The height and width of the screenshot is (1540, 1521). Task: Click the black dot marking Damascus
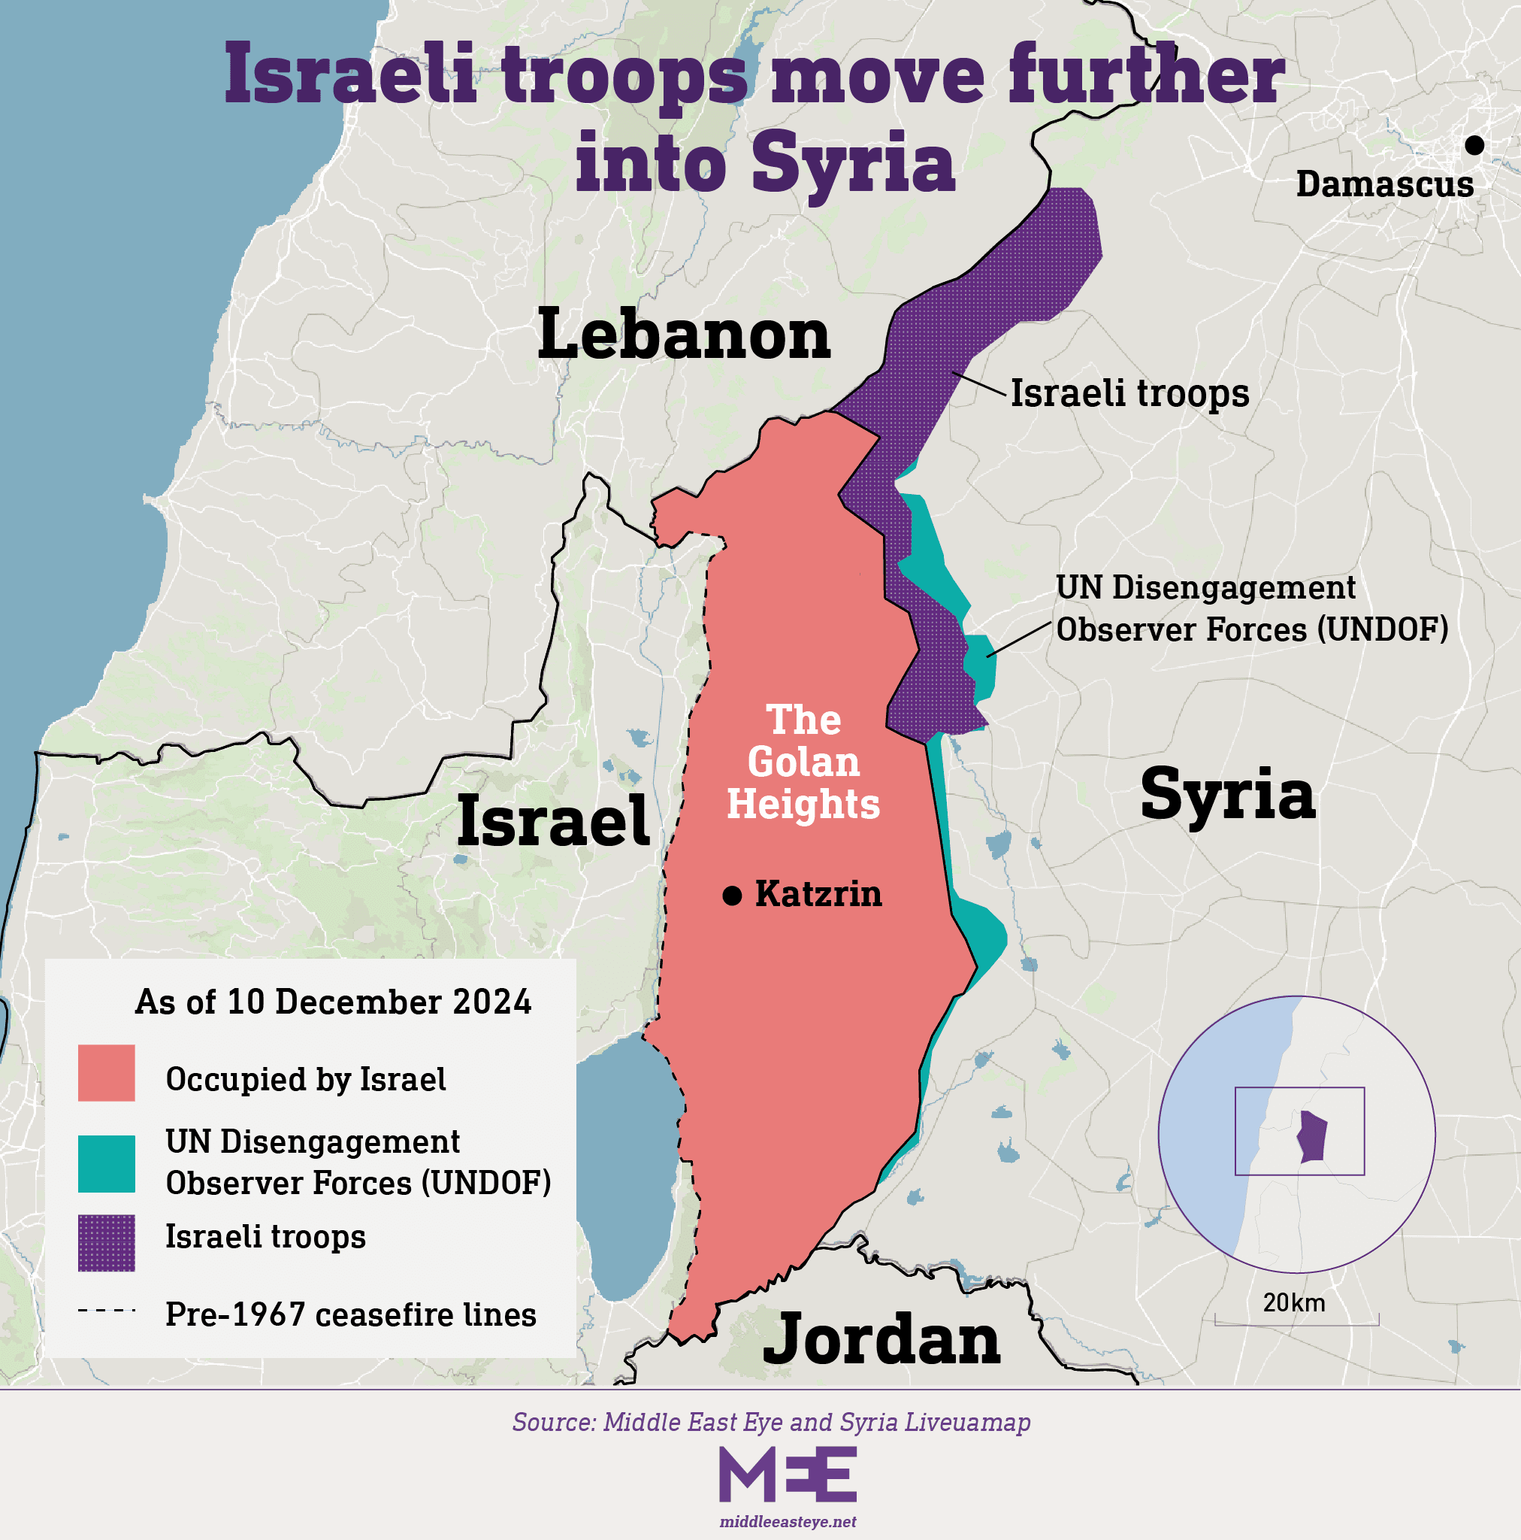(1474, 145)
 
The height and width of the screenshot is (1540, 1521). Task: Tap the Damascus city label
(1385, 184)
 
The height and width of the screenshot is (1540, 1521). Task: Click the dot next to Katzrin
(732, 895)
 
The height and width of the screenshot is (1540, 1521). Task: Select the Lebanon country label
(684, 335)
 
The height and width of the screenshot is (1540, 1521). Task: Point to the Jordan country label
(881, 1340)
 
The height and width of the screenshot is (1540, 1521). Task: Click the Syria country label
(1228, 794)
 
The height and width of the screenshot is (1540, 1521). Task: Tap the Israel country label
(553, 822)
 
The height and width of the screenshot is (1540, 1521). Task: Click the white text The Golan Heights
(803, 762)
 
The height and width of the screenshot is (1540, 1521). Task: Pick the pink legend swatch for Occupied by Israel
(106, 1073)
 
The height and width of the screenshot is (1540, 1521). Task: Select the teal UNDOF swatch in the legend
(106, 1164)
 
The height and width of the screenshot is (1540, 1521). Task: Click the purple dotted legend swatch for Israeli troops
(106, 1243)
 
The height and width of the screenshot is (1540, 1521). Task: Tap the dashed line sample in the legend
(107, 1310)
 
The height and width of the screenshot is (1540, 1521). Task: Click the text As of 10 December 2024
(333, 1002)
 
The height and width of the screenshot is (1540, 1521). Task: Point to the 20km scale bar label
(1294, 1302)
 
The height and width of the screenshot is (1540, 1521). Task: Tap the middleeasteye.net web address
(788, 1522)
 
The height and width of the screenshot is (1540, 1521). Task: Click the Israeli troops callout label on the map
(1129, 393)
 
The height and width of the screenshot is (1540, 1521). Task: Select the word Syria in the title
(852, 162)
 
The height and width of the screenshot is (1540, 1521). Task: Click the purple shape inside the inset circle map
(1312, 1137)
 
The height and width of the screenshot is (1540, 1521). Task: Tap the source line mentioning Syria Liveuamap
(771, 1422)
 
